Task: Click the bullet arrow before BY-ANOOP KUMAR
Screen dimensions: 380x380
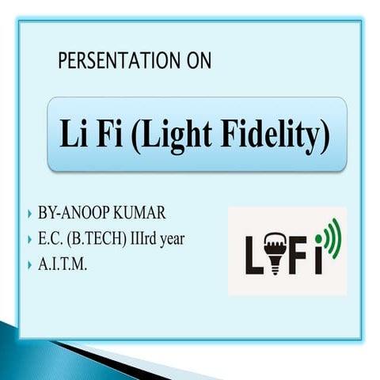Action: click(x=29, y=215)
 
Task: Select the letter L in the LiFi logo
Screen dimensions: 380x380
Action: click(x=251, y=255)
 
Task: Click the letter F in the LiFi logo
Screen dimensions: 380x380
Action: click(x=299, y=255)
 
